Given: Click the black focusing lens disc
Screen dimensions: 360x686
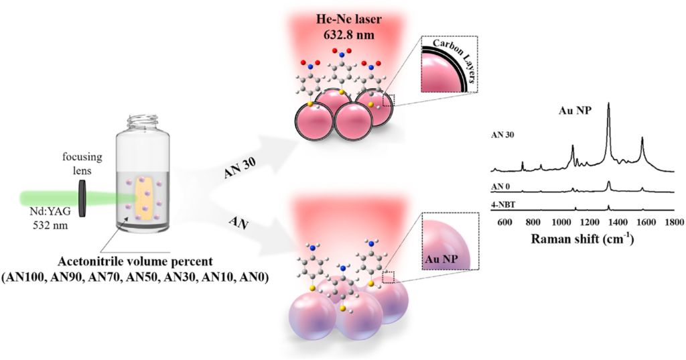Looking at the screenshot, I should [x=83, y=197].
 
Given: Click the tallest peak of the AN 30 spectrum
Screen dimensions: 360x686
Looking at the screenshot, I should [x=608, y=105].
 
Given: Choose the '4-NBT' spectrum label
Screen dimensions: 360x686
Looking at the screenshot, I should [x=504, y=202].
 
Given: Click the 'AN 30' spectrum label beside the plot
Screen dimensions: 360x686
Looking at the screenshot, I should [x=504, y=135].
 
